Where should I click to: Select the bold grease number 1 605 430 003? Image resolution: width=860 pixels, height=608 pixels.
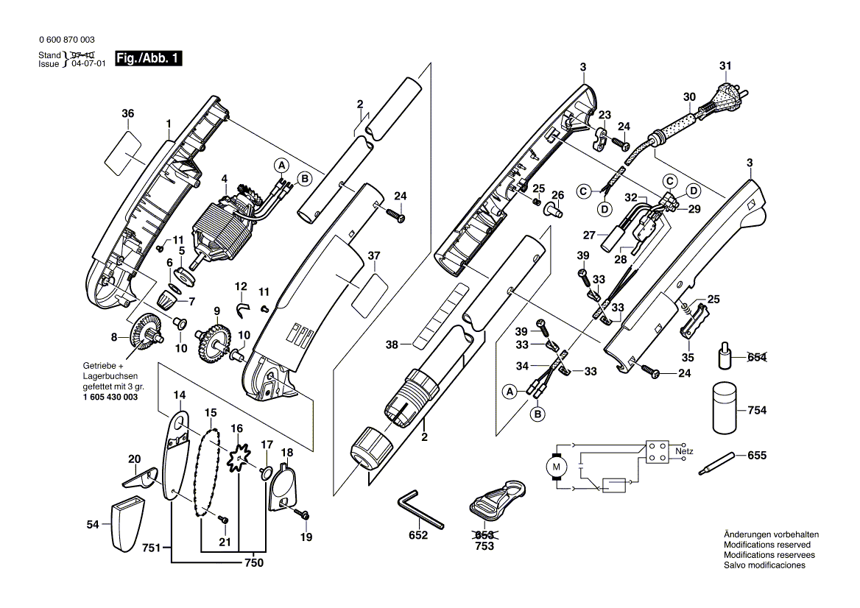[x=105, y=397]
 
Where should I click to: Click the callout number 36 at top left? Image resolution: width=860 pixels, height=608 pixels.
[x=128, y=113]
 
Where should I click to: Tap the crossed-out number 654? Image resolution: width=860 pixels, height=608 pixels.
[x=756, y=357]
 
